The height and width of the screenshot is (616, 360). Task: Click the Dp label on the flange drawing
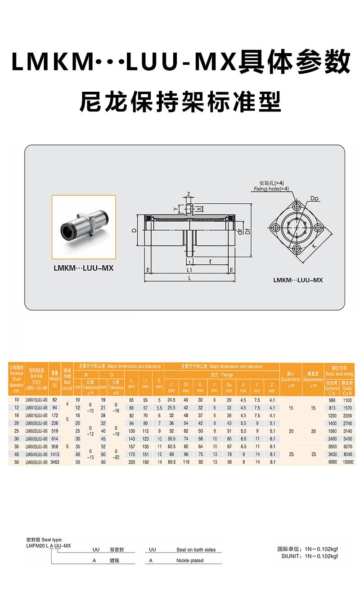point(315,198)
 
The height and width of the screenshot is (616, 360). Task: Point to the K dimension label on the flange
point(313,246)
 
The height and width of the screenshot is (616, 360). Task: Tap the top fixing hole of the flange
point(296,206)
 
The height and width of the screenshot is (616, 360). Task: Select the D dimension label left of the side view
point(134,230)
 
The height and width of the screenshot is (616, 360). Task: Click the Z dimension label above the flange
point(189,194)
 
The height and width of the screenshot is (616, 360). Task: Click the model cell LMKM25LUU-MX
point(36,430)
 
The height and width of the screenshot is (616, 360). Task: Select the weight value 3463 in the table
point(54,462)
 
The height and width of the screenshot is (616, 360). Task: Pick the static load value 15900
point(347,462)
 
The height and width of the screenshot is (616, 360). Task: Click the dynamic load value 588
point(332,400)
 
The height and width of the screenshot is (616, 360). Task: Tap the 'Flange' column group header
point(221,375)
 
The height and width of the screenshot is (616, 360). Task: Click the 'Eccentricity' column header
point(290,379)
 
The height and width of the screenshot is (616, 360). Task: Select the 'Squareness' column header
point(313,379)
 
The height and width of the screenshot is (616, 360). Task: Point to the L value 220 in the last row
point(131,462)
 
